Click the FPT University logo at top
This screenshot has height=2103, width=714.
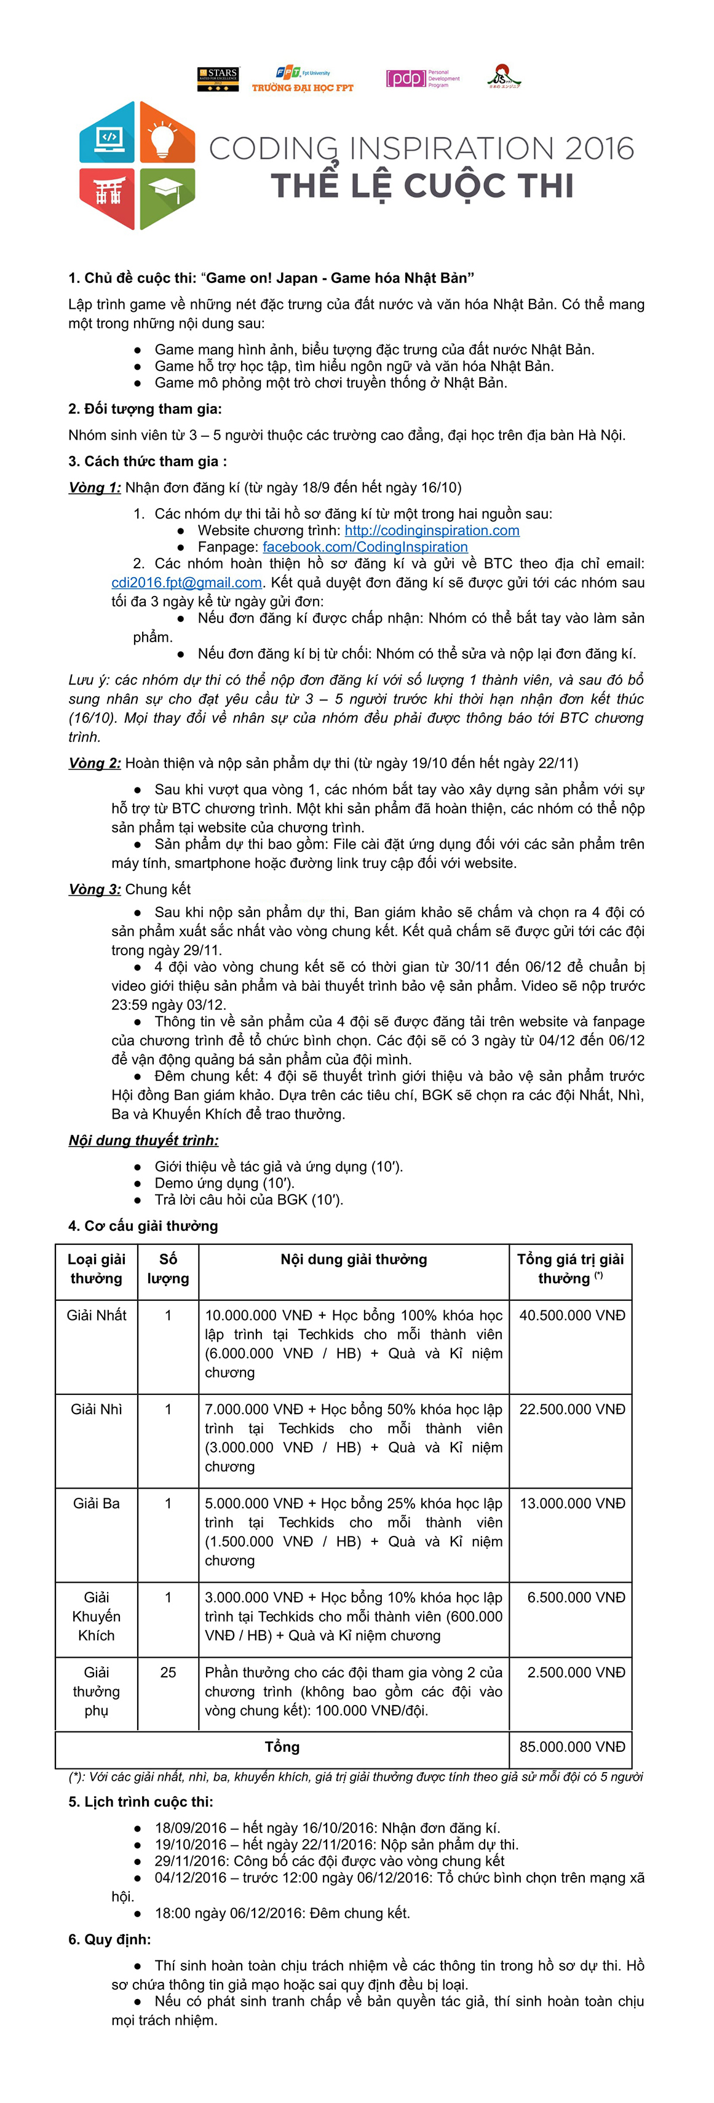[302, 80]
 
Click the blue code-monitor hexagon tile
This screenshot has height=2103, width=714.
[108, 134]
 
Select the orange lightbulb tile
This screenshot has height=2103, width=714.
[167, 134]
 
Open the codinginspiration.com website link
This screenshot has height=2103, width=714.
[432, 531]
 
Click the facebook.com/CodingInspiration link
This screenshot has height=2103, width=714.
[365, 547]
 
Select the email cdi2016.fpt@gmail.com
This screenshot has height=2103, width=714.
[187, 583]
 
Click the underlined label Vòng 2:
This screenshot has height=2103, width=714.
[95, 763]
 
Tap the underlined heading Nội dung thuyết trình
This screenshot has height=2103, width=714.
[144, 1140]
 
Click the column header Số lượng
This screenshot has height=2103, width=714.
[168, 1269]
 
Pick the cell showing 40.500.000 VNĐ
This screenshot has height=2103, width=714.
[572, 1315]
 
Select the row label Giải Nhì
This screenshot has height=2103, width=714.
[97, 1409]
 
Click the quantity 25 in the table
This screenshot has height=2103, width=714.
[168, 1672]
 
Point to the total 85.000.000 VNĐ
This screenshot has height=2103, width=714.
[572, 1746]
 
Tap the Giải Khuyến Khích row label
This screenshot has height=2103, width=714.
[97, 1616]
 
